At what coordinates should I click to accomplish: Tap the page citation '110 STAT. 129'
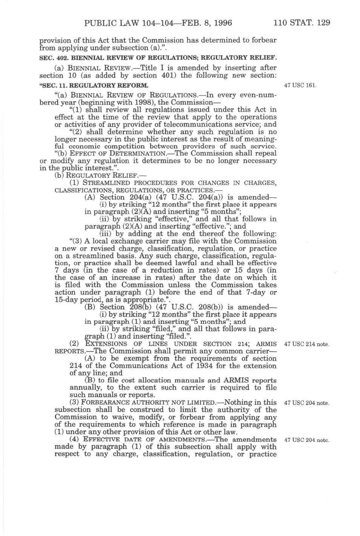click(x=302, y=23)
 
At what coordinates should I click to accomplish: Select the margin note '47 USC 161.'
click(x=302, y=85)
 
